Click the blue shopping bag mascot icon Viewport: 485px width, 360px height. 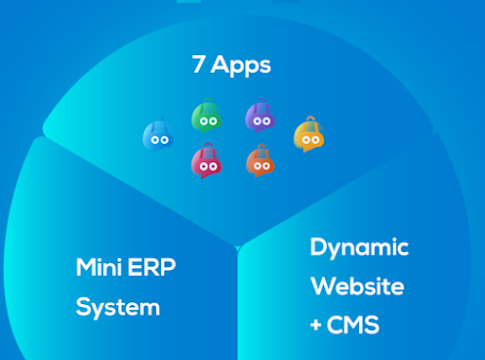(x=158, y=135)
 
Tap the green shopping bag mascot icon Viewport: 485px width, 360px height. (x=207, y=115)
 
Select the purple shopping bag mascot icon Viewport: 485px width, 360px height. (x=260, y=115)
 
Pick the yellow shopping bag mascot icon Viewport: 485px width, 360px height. (x=309, y=134)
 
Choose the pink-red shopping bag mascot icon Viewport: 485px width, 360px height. (x=207, y=161)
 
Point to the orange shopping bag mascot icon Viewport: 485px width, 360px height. (x=260, y=161)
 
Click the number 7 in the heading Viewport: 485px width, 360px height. (x=198, y=64)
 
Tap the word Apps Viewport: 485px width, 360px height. (x=241, y=66)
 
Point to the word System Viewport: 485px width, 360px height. (x=118, y=308)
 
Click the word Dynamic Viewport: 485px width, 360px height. (x=359, y=248)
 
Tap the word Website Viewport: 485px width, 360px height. (x=357, y=286)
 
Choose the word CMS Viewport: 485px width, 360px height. (x=353, y=325)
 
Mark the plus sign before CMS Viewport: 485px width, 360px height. (x=316, y=325)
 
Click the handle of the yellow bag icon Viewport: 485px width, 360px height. (x=311, y=119)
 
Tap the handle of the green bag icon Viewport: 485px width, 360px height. (x=208, y=100)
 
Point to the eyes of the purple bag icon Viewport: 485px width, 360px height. (x=262, y=121)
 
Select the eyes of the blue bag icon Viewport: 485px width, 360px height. (x=160, y=140)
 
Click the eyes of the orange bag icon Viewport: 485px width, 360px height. (x=262, y=166)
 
